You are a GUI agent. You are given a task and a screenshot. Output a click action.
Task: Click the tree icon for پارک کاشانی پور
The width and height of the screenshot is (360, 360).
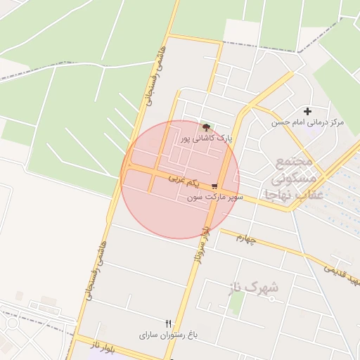tap(206, 127)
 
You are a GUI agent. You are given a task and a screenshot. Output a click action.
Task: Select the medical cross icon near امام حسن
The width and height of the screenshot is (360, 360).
tap(307, 111)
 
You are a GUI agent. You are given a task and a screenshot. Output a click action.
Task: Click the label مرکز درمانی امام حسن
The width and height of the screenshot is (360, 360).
tap(309, 122)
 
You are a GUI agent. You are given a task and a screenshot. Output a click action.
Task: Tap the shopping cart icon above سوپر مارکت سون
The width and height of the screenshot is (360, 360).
tap(214, 186)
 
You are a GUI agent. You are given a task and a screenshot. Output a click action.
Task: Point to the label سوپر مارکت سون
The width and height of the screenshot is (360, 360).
tap(215, 198)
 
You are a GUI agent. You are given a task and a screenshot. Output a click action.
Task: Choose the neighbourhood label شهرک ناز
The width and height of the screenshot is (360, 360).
tap(253, 287)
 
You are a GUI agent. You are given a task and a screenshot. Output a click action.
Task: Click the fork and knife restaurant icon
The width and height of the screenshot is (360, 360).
tap(168, 323)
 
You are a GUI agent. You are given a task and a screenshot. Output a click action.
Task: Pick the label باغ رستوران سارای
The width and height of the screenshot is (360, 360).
tap(169, 335)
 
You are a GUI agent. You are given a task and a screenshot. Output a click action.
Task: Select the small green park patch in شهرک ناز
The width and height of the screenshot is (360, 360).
tap(237, 302)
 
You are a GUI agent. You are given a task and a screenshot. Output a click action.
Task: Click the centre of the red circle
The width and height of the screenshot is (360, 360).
tap(180, 179)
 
